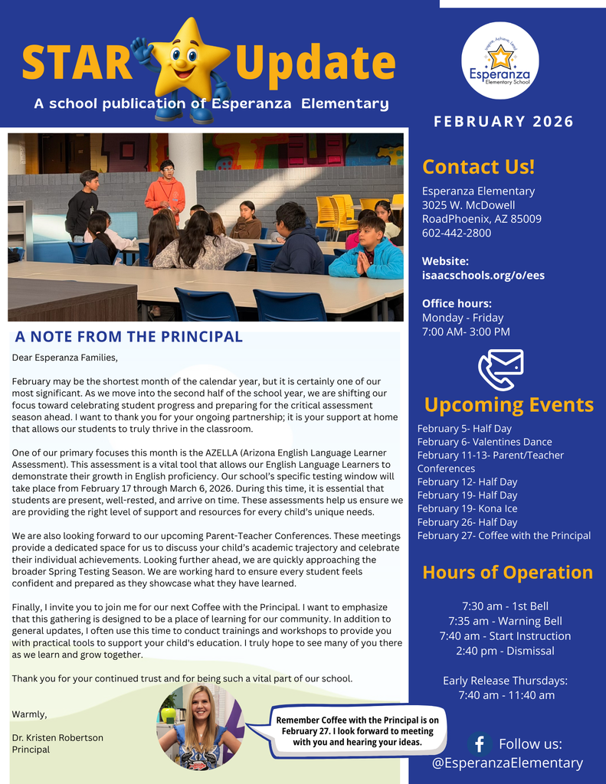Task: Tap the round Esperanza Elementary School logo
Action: tap(500, 61)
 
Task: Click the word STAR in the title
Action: tap(77, 64)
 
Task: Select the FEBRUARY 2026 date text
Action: tap(503, 122)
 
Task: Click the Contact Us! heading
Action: tap(478, 167)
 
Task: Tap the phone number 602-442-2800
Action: tap(457, 233)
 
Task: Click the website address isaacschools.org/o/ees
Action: tap(483, 275)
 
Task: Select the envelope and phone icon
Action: tap(500, 369)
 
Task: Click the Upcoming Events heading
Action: tap(509, 404)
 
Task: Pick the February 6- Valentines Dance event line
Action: tap(484, 442)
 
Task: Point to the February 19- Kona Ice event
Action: tap(467, 508)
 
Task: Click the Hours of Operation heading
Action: tap(507, 572)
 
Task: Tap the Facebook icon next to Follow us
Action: tap(480, 743)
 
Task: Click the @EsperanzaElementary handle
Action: tap(506, 763)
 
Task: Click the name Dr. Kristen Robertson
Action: tap(57, 737)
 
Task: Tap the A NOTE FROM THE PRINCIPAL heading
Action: tap(129, 336)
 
